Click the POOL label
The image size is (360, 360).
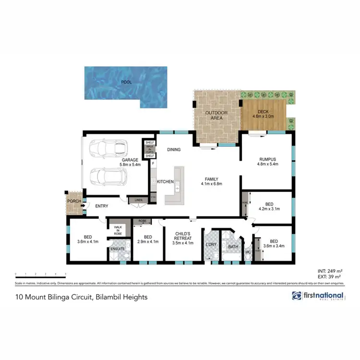pos(126,82)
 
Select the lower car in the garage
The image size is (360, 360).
pos(109,177)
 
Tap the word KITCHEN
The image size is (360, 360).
pos(166,181)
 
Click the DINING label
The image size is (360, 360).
pos(174,149)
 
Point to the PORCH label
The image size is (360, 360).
pos(74,201)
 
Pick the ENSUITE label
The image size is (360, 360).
pos(118,249)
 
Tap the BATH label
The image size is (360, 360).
pos(233,247)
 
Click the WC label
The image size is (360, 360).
pos(248,252)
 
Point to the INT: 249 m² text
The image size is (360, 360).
pos(329,272)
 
